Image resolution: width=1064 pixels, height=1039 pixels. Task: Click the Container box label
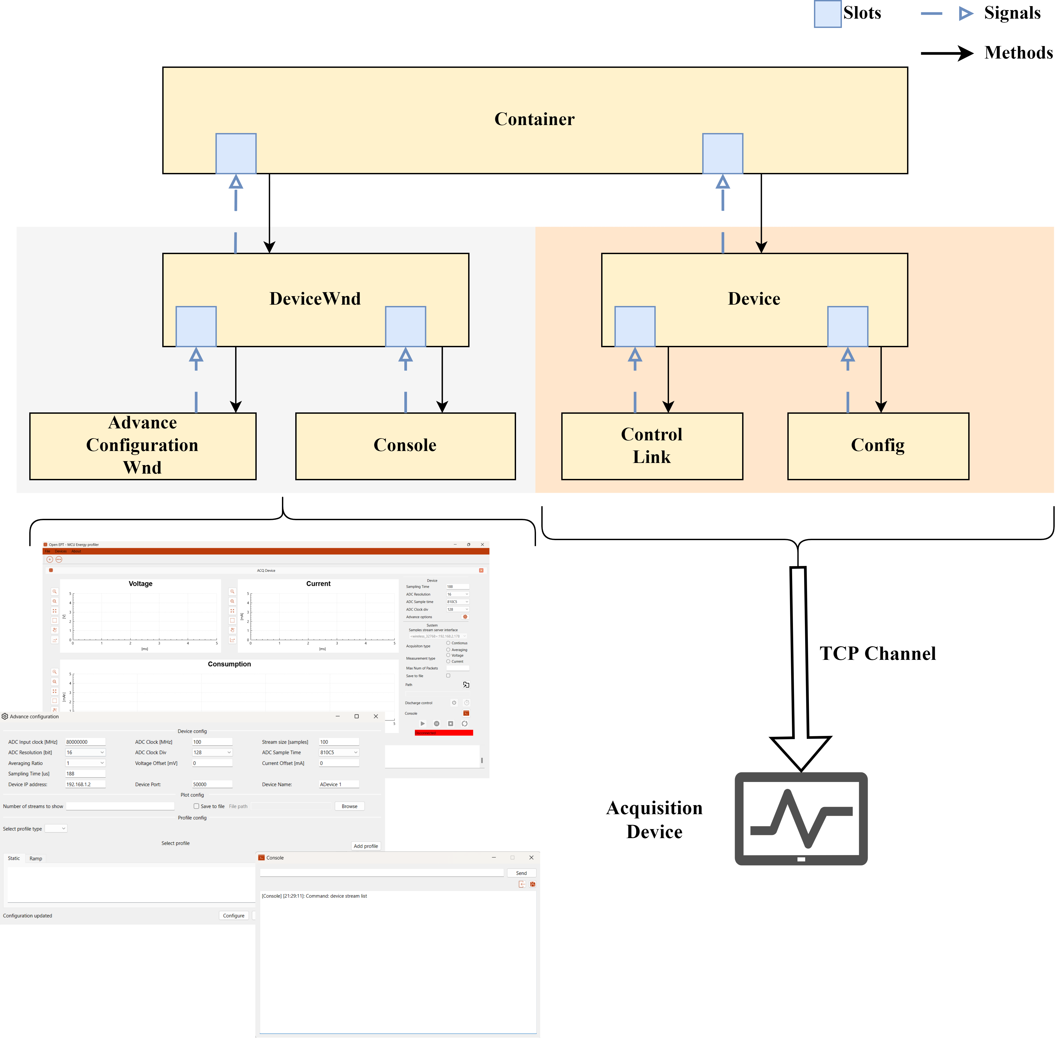534,119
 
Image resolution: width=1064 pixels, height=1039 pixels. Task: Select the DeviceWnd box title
315,299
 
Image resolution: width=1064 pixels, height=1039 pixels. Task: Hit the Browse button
349,806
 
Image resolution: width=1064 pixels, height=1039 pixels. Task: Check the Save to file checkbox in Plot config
196,806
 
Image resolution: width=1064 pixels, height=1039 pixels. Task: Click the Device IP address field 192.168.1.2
85,784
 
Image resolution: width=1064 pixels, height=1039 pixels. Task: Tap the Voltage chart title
140,583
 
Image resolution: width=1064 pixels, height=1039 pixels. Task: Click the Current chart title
318,583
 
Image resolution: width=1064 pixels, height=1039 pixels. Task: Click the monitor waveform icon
800,818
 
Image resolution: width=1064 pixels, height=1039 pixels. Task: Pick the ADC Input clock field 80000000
85,742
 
